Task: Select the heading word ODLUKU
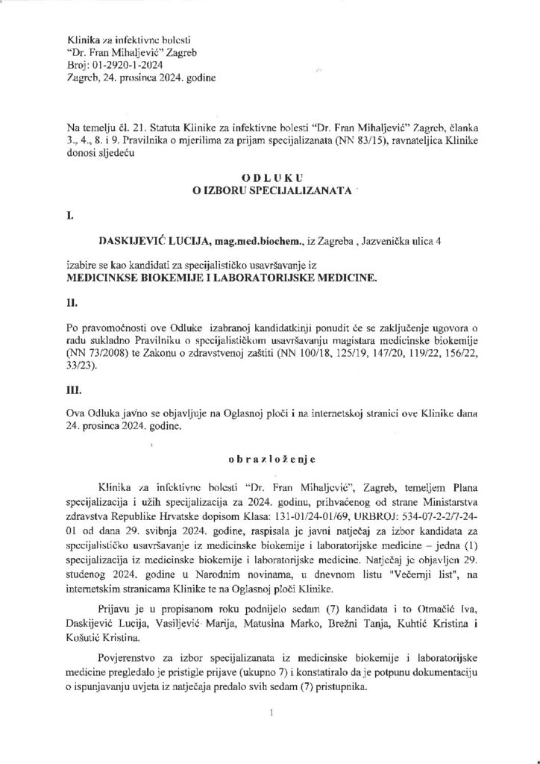(270, 180)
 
